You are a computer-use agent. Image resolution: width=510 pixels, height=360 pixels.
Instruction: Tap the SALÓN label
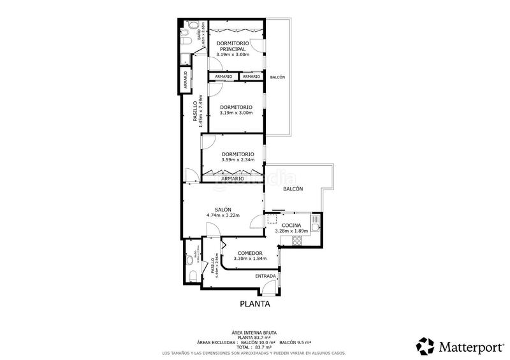[222, 210]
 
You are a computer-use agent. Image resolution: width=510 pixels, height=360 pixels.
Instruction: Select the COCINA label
[291, 225]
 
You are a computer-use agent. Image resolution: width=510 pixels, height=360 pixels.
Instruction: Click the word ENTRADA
[265, 276]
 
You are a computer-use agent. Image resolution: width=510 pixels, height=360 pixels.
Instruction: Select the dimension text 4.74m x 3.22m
[222, 215]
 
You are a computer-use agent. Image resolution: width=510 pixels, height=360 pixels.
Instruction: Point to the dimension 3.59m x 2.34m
[238, 160]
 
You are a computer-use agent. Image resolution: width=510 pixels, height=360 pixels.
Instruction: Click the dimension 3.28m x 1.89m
[291, 231]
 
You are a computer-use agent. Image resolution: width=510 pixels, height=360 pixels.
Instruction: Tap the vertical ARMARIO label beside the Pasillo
[185, 83]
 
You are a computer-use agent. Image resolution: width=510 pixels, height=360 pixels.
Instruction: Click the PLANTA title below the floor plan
[254, 304]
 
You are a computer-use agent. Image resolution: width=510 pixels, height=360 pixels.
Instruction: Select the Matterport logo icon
[425, 346]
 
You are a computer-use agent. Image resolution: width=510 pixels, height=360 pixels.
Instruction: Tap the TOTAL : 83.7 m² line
[254, 347]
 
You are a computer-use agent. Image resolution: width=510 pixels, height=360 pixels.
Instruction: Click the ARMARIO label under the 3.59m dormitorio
[232, 178]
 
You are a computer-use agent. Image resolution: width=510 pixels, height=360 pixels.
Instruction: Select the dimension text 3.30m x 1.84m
[248, 259]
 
